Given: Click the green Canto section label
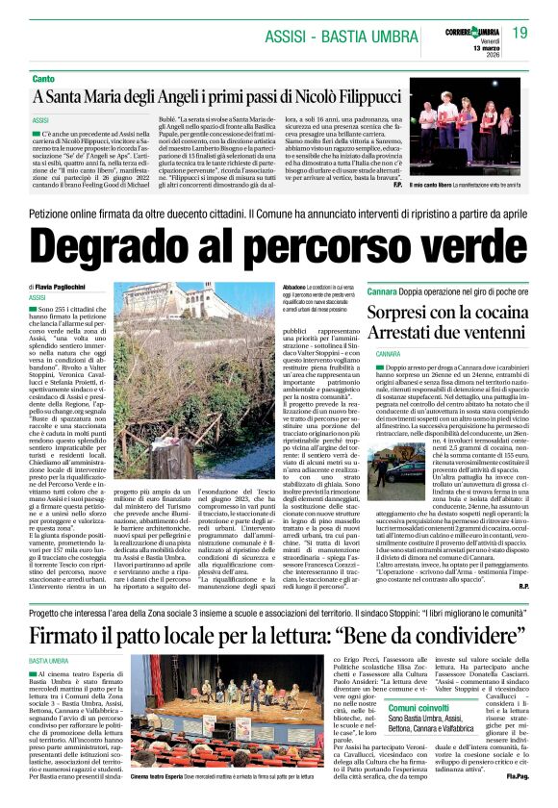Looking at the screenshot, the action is tap(43, 78).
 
